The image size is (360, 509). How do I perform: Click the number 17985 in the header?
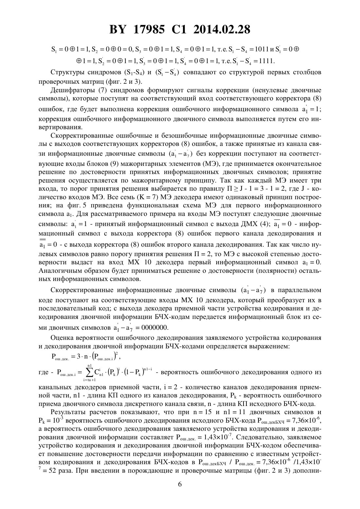[x=150, y=30]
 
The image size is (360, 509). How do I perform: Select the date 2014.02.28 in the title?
[x=222, y=30]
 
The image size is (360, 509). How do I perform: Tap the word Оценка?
[x=62, y=338]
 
